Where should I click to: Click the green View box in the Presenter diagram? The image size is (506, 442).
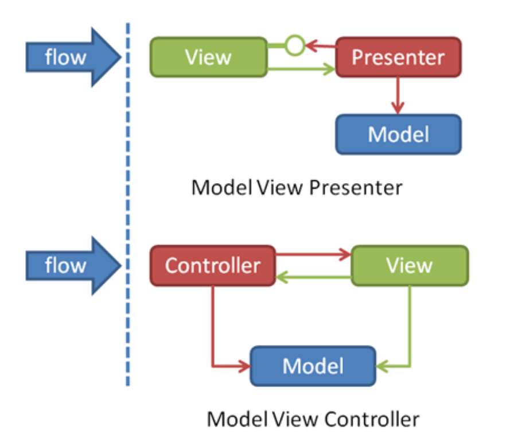click(x=208, y=57)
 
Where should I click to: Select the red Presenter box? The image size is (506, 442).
click(x=398, y=57)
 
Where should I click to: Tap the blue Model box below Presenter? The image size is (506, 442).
click(x=398, y=134)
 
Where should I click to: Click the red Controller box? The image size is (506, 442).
click(x=212, y=265)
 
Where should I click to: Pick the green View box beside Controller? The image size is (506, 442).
click(x=409, y=265)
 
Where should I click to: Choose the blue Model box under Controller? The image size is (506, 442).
click(x=313, y=366)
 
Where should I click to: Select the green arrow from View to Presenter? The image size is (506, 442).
click(x=301, y=70)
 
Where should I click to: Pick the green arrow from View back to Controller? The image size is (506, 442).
click(x=313, y=278)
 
